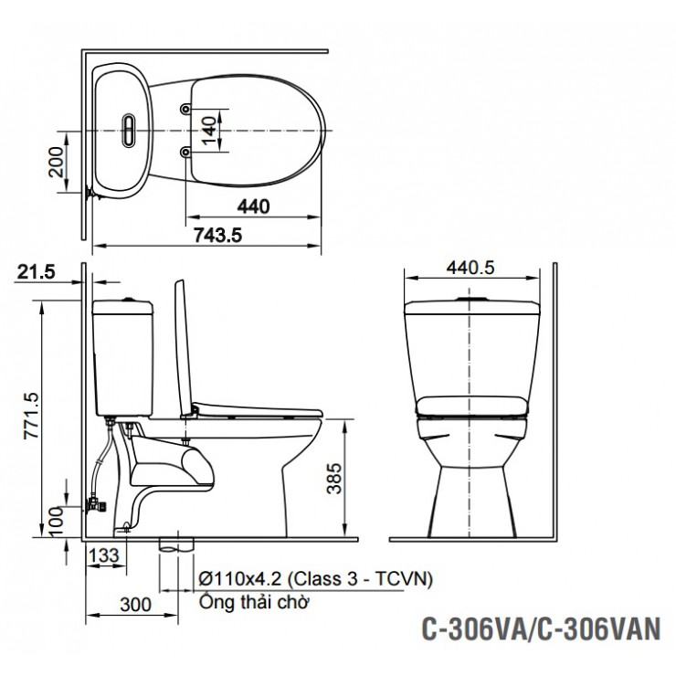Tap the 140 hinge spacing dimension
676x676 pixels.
point(208,129)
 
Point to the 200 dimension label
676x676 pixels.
point(58,162)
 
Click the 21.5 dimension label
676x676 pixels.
point(37,271)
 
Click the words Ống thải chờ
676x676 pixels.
point(256,602)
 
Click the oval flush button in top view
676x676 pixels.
point(130,129)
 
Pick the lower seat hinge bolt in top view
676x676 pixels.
point(186,151)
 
